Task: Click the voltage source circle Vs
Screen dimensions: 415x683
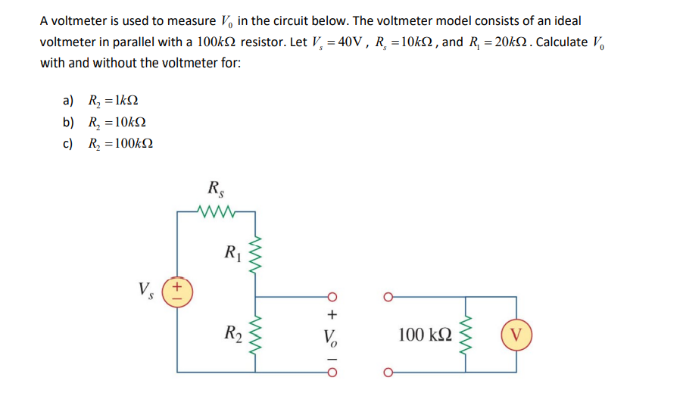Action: [176, 290]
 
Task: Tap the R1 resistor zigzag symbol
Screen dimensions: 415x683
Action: [254, 251]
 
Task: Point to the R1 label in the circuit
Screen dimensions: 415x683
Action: [231, 251]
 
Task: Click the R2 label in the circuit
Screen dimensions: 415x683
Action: [231, 332]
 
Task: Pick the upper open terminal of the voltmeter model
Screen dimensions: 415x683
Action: [389, 296]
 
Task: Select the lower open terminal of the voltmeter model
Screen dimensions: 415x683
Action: [389, 372]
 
